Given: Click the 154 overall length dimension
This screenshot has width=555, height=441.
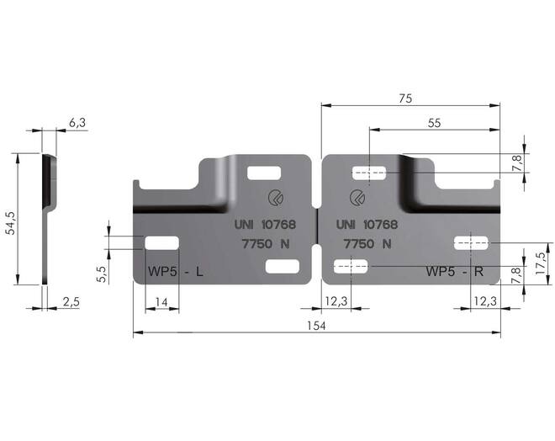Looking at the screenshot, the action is click(316, 326).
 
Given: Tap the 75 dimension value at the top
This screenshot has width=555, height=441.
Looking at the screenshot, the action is click(405, 98).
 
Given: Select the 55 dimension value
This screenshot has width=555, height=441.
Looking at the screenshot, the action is click(434, 123).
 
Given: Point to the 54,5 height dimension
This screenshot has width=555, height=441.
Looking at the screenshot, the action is click(11, 223).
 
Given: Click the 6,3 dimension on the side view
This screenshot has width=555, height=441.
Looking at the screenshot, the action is click(77, 123).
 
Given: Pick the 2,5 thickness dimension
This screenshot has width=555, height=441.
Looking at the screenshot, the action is click(71, 302).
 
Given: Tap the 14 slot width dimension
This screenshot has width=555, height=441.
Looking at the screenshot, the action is click(161, 302).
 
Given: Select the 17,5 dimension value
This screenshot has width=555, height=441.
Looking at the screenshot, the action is click(540, 263).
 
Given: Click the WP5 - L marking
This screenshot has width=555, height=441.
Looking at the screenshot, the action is click(176, 272).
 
